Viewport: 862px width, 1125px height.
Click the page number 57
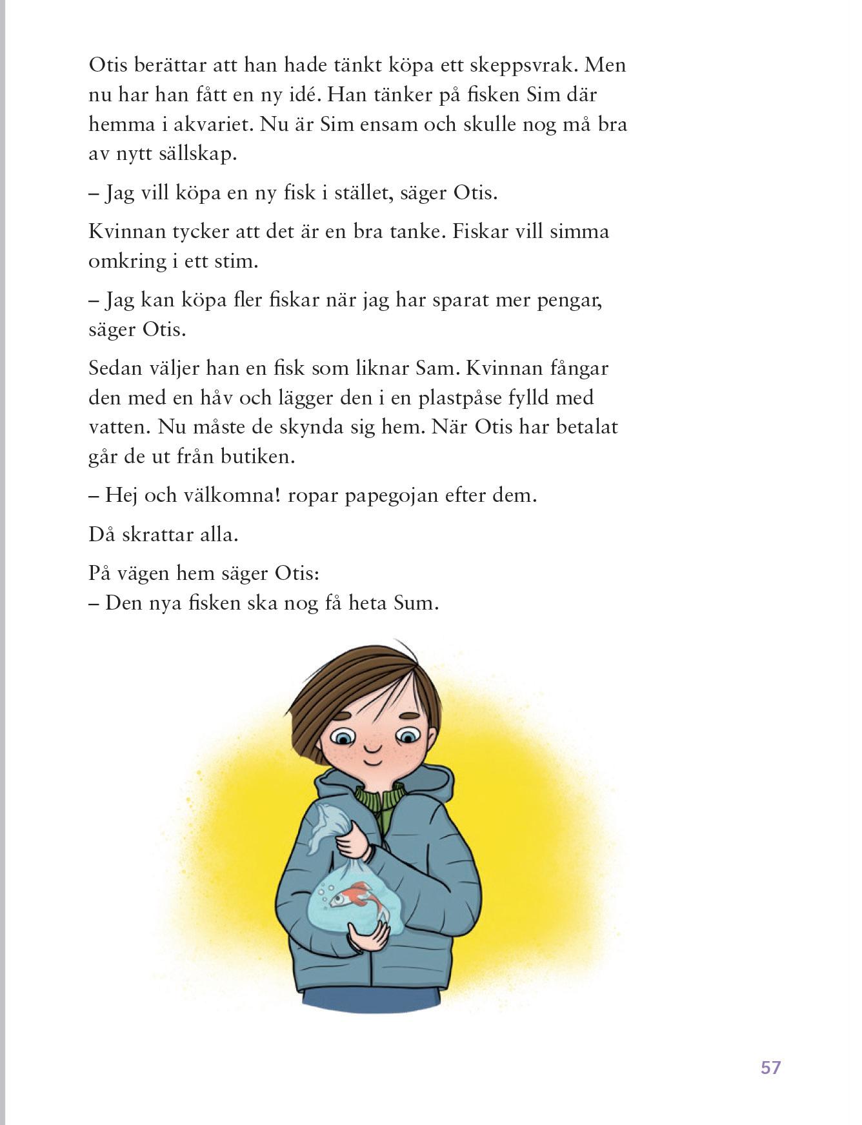(770, 1067)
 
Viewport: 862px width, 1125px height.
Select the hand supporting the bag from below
(368, 936)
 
